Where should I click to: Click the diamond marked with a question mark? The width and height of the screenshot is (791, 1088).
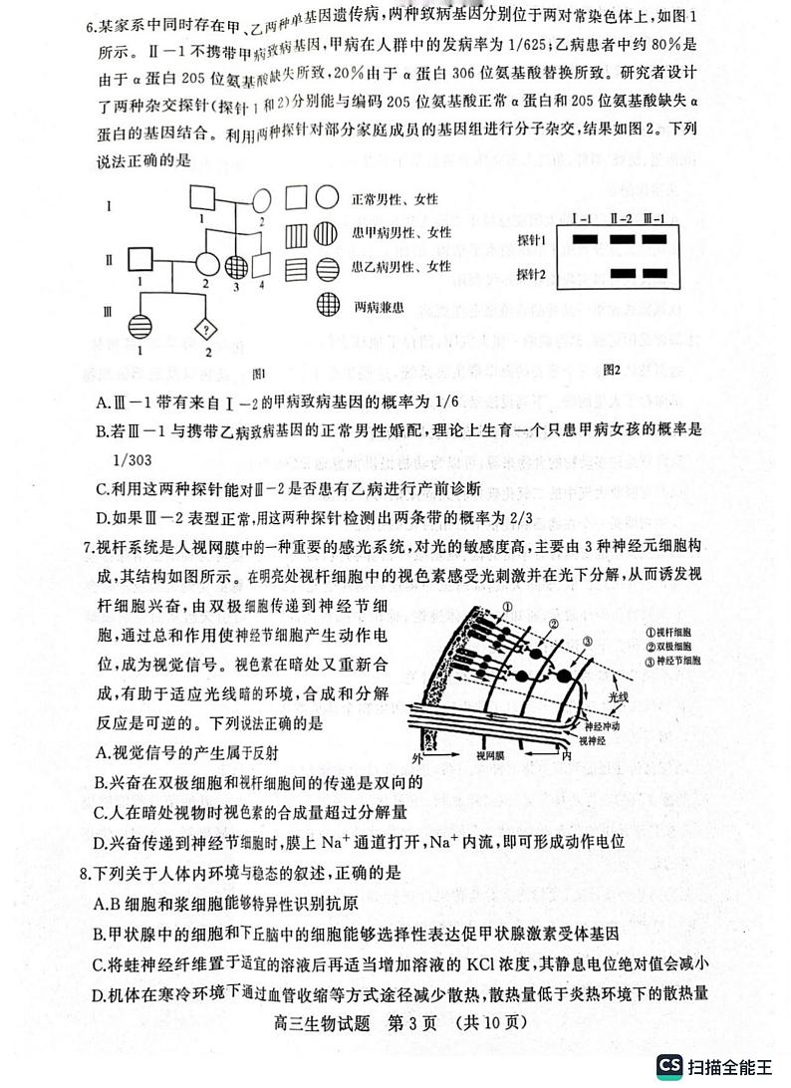206,329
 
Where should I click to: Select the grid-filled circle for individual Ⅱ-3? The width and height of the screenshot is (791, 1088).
236,265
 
